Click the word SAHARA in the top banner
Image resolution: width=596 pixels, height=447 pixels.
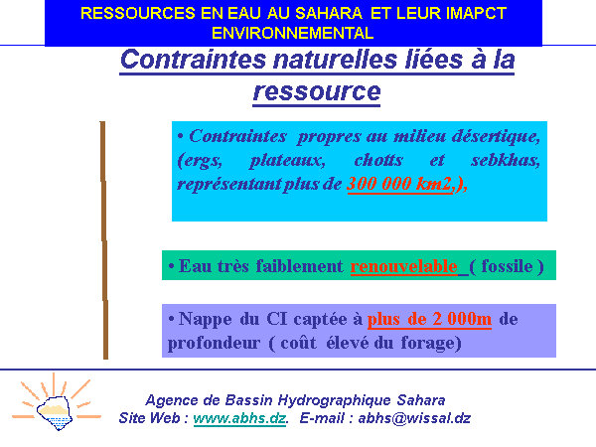[329, 13]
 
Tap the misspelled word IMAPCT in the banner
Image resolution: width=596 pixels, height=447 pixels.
[476, 13]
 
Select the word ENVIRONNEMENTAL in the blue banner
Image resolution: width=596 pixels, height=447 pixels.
[293, 33]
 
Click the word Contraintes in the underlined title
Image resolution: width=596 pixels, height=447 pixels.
[193, 60]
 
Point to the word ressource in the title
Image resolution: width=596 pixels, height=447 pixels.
[317, 91]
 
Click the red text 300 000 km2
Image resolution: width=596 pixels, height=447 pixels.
[400, 184]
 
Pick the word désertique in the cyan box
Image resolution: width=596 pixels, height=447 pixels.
[496, 136]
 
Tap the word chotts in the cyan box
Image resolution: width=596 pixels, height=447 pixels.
[378, 160]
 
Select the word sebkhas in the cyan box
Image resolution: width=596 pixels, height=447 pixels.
[506, 160]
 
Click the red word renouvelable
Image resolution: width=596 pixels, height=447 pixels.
[403, 265]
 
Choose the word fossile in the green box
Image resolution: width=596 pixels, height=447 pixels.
[507, 265]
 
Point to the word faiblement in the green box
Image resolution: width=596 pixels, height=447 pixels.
[299, 265]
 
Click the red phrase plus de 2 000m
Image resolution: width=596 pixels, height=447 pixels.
[429, 319]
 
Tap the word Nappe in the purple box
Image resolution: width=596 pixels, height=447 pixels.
[205, 319]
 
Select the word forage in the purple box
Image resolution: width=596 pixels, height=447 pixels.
[431, 344]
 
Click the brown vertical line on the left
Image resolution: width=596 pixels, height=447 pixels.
[103, 240]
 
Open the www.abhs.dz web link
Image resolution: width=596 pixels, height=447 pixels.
[239, 418]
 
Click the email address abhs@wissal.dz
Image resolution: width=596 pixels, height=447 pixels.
[414, 418]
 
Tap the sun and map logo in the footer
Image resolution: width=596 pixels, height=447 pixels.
[56, 403]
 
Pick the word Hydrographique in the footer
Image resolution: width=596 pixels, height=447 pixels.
[334, 400]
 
